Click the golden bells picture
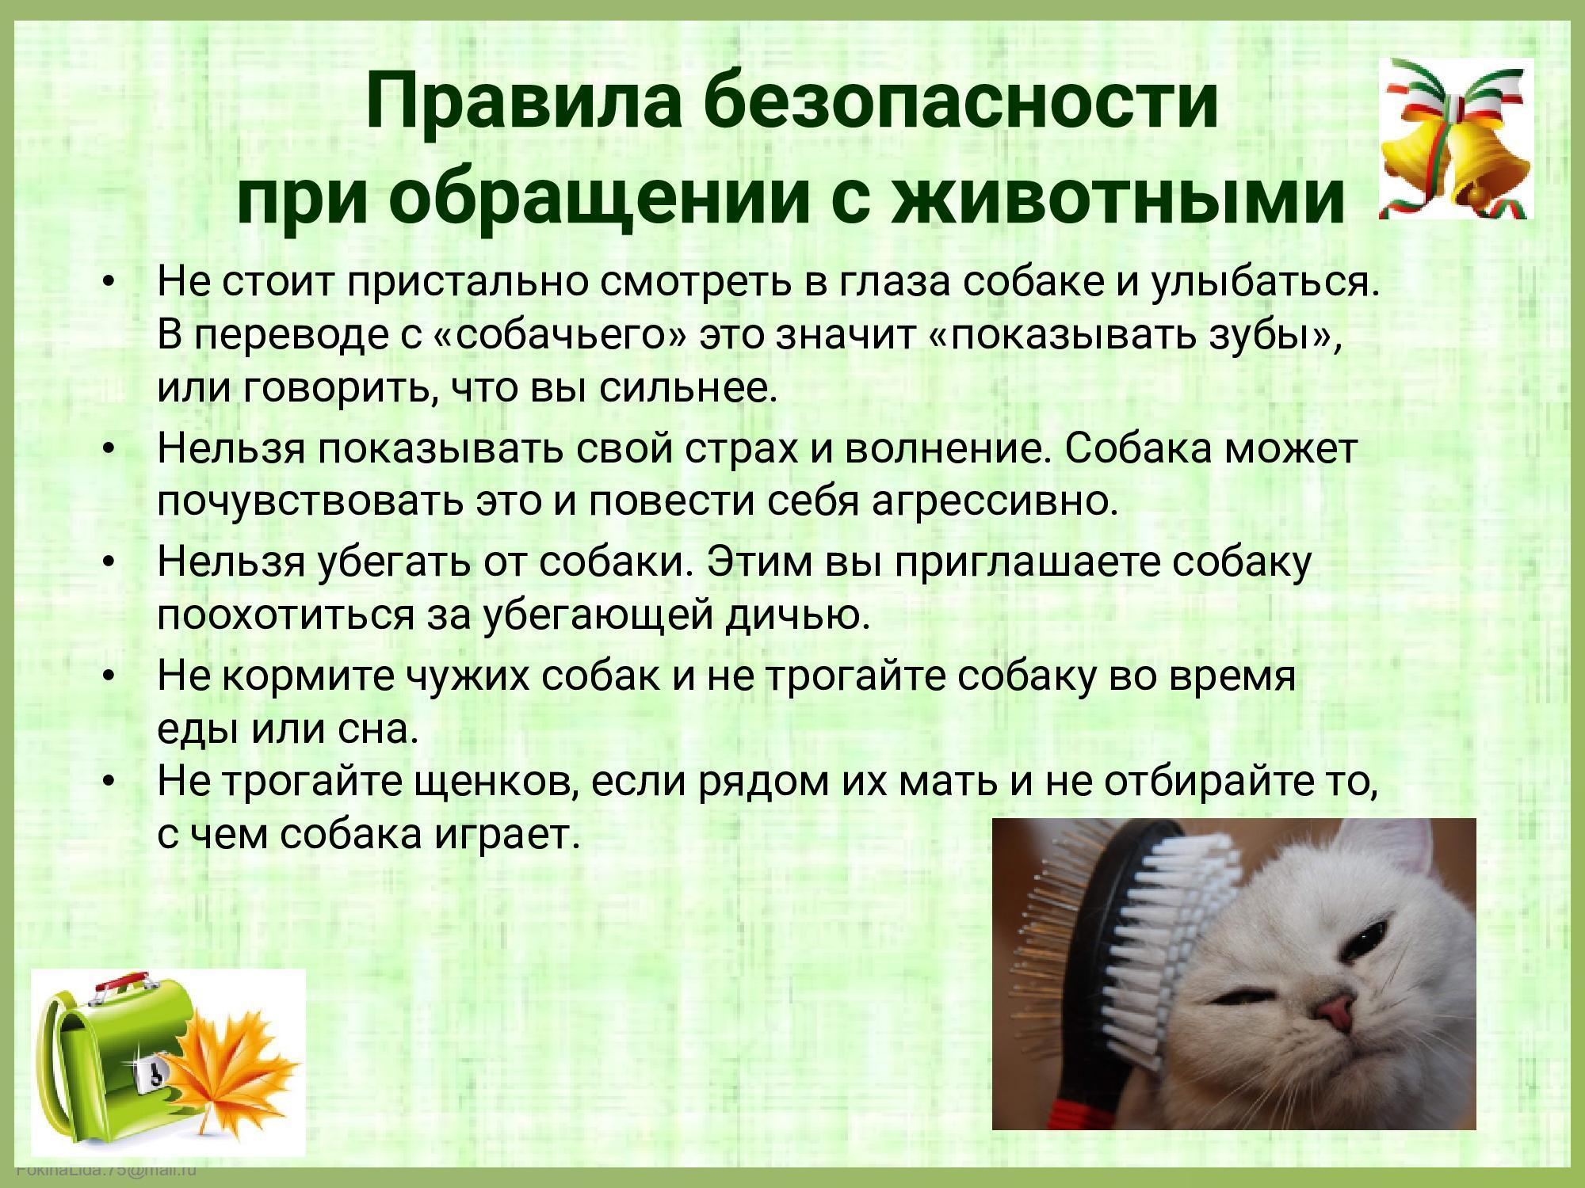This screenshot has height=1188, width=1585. [x=1456, y=138]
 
